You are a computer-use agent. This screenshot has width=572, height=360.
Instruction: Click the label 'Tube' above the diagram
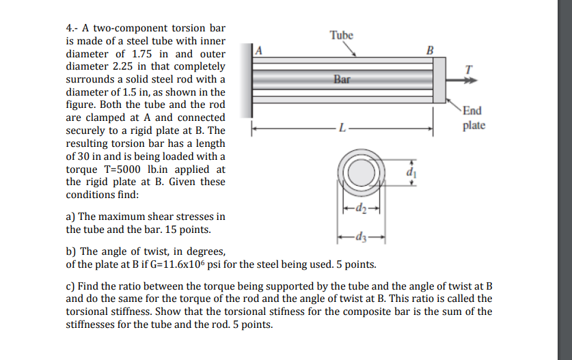point(341,35)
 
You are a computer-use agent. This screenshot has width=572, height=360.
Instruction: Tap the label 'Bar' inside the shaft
point(342,80)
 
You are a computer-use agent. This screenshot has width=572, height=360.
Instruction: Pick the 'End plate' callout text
point(472,118)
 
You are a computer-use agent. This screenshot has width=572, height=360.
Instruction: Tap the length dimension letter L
point(344,128)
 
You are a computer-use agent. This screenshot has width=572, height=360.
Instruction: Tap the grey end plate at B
point(439,80)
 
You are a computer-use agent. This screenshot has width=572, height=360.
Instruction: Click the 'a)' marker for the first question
point(70,217)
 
